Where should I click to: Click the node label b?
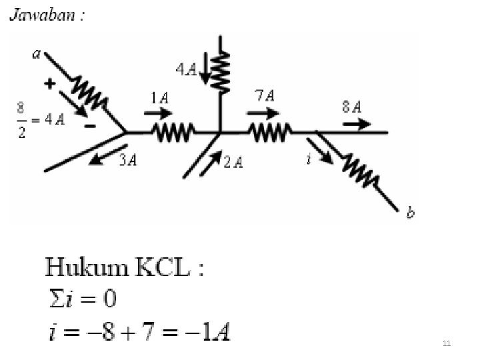pos(410,213)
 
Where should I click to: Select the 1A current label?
pos(159,98)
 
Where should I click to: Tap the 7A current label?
pos(265,95)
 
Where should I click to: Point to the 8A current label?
pos(352,107)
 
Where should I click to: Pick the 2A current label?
pos(233,162)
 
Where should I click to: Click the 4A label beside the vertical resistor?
pos(186,69)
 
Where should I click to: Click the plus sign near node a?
pos(49,84)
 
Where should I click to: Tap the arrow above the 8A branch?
pos(359,123)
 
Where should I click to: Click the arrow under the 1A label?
pos(157,113)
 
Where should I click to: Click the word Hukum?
pos(86,269)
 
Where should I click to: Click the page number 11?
pos(447,343)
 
